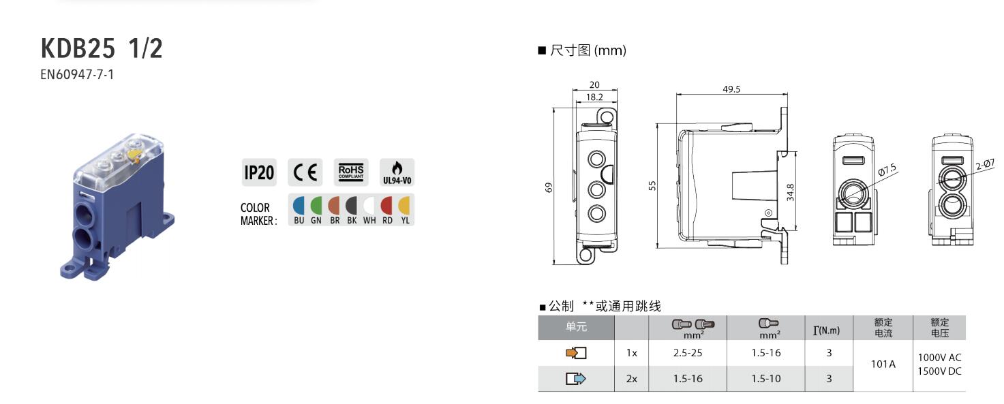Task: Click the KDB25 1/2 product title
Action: tap(102, 48)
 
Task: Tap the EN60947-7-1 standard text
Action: tap(77, 74)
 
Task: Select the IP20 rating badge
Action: tap(259, 172)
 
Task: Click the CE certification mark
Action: tap(305, 172)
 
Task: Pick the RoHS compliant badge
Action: tap(351, 172)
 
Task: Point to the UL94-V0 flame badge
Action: tap(397, 172)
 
